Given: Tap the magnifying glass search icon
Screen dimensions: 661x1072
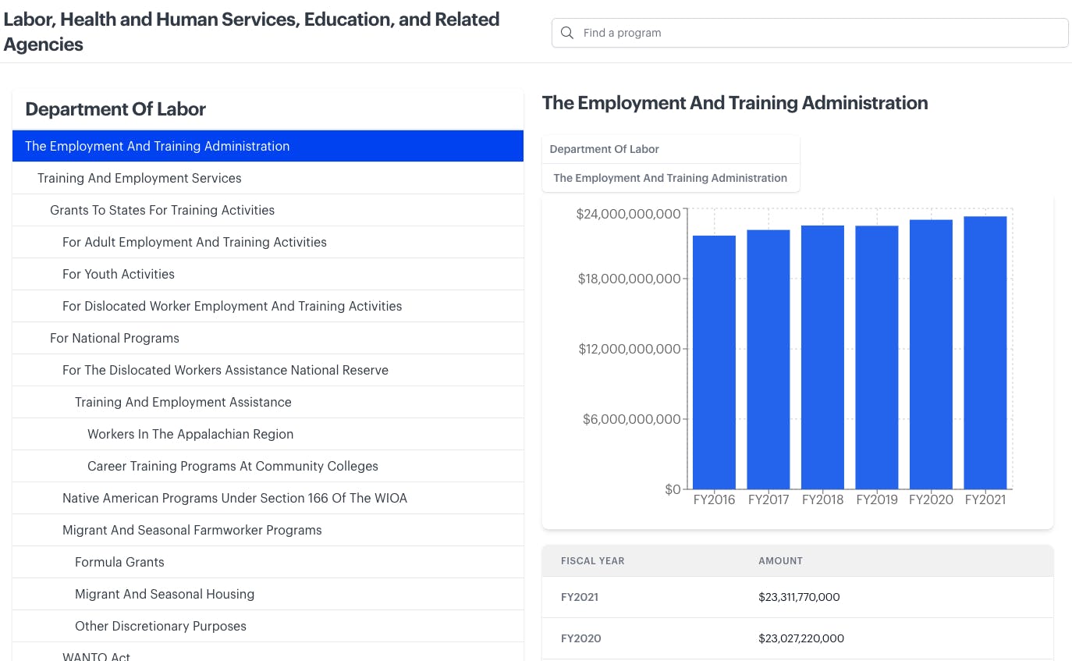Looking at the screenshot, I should coord(567,33).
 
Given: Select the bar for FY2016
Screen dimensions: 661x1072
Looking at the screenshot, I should coord(714,362).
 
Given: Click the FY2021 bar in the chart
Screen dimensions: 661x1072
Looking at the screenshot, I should coord(985,353).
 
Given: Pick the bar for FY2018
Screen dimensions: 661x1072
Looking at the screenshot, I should coord(822,357).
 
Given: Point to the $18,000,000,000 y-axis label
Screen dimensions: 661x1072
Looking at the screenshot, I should coord(629,279).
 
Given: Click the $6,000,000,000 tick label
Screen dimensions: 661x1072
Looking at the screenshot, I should coord(631,419).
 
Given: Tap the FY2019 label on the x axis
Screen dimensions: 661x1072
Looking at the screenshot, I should coord(877,499).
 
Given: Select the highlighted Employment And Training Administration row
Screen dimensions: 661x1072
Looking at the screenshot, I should coord(268,146).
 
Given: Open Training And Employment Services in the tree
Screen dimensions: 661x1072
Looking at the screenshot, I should coord(140,178).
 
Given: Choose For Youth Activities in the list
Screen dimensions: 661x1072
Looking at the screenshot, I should coord(119,274).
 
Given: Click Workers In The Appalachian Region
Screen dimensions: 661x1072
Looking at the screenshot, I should coord(190,434).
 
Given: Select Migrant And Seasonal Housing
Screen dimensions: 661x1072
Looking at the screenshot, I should coord(165,594).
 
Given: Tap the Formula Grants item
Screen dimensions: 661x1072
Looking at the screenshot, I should coord(119,562).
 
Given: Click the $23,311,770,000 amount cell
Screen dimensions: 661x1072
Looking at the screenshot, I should coord(799,597).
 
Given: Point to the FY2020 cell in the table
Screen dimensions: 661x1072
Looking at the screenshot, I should coord(581,638).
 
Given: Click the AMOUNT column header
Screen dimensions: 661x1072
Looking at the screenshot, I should coord(780,561).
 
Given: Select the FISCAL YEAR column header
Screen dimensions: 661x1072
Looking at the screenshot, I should coord(592,561).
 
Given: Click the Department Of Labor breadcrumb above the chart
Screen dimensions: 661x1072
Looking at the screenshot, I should coord(605,149).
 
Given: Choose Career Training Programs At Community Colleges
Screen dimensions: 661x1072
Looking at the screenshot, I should coord(233,466).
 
